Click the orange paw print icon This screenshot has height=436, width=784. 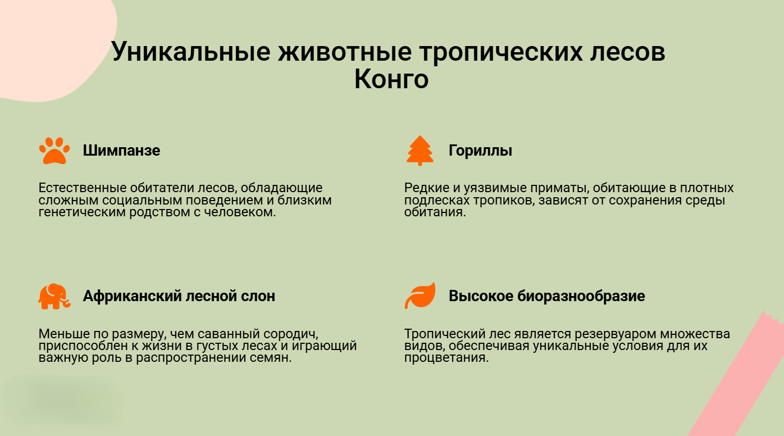[54, 151]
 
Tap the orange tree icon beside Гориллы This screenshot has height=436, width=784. [420, 151]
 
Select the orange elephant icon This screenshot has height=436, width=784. [54, 296]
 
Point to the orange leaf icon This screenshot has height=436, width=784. [420, 296]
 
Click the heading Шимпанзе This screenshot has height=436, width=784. [121, 151]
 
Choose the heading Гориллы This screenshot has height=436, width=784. [480, 151]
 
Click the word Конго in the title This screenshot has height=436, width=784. [391, 79]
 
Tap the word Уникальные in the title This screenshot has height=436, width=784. [190, 52]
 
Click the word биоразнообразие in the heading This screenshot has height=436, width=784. [581, 296]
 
